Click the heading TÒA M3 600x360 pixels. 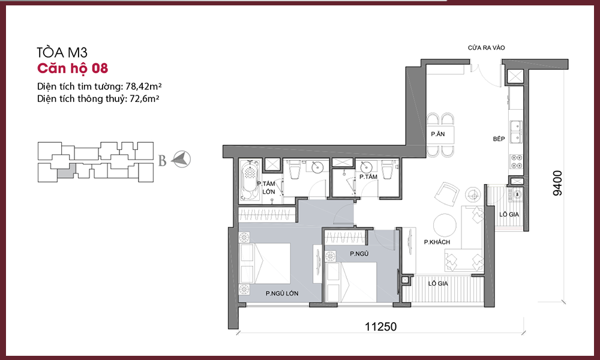point(62,52)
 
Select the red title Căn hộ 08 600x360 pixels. point(73,68)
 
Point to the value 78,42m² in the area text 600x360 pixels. point(144,86)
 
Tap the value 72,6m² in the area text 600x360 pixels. point(145,99)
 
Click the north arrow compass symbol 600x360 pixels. point(181,159)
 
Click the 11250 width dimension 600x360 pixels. point(380,327)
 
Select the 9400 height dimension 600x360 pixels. point(558,183)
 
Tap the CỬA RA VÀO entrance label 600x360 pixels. point(486,48)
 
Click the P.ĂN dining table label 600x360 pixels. point(438,134)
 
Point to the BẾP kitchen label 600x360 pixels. point(499,139)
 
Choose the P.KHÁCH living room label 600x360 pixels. point(437,242)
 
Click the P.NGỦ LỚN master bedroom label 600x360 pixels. point(282,293)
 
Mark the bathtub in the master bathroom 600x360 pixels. point(250,181)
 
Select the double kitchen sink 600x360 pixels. point(516,131)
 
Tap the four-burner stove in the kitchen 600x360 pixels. point(516,161)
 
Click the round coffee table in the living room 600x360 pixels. point(444,225)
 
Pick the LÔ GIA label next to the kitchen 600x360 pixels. point(509,215)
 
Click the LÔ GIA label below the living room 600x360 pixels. point(438,283)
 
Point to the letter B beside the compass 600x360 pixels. point(162,161)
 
